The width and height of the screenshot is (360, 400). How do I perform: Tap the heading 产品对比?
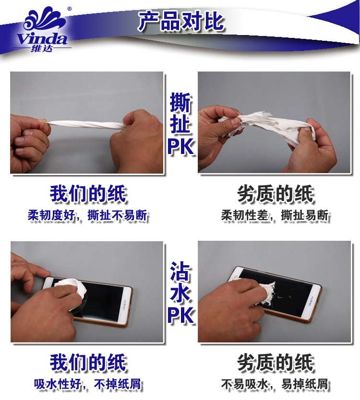(x=181, y=22)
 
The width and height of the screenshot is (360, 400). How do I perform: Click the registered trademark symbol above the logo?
(x=70, y=9)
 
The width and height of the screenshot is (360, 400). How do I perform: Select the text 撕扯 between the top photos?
(x=180, y=113)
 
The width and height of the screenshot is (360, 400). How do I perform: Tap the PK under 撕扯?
(x=181, y=147)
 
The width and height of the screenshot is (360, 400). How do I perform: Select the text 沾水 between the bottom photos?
(x=180, y=282)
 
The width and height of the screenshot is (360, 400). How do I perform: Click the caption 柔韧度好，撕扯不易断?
(x=87, y=215)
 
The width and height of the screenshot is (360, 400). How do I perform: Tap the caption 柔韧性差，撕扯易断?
(x=275, y=215)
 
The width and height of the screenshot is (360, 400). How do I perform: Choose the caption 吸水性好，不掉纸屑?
(x=87, y=384)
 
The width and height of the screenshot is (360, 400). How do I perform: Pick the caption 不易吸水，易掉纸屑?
(x=275, y=384)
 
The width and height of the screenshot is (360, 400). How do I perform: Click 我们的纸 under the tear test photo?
(x=88, y=194)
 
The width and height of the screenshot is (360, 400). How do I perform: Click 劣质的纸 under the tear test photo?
(x=275, y=194)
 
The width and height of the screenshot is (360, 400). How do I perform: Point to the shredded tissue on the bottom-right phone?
(x=267, y=294)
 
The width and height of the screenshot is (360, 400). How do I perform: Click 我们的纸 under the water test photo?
(x=88, y=363)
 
